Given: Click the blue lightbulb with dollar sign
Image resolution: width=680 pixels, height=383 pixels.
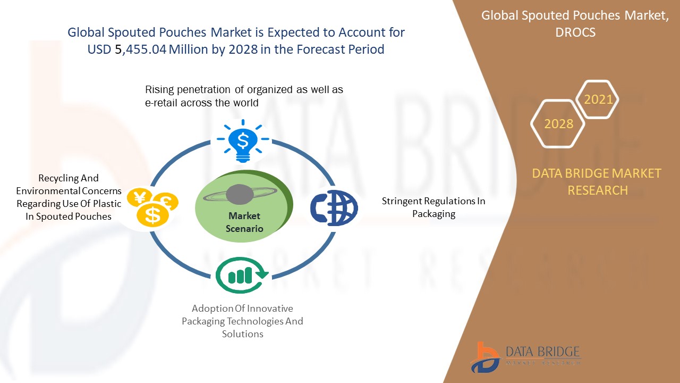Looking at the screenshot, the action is pos(243,141).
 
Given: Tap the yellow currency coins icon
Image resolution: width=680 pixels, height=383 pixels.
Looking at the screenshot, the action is pos(152,207).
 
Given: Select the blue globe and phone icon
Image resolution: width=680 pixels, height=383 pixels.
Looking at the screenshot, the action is pos(334,208).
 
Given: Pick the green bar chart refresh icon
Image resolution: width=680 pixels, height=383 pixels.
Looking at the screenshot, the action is pos(242,275).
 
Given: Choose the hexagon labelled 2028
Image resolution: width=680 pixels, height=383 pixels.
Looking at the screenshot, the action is pos(558,124).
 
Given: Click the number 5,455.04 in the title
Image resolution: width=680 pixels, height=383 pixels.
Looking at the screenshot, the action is pos(141,49).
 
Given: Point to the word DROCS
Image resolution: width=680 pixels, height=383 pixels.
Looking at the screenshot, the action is pos(575,32).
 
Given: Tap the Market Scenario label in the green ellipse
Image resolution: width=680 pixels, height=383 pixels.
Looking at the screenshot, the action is pos(244,222).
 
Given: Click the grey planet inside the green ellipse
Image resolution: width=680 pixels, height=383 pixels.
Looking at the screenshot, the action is pos(240,194).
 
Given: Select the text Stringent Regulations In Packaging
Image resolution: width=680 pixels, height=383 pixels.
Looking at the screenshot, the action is pos(433,207).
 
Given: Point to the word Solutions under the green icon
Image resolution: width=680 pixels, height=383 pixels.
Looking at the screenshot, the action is pos(243,334).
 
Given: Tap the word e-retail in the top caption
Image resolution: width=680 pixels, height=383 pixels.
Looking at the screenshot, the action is pos(161,103).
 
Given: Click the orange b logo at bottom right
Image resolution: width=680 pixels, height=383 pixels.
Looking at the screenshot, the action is pos(485,357).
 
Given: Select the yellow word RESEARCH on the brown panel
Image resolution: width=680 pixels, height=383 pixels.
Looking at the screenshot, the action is pos(598,190).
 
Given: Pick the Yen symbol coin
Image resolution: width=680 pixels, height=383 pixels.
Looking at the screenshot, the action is pos(140,197).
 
